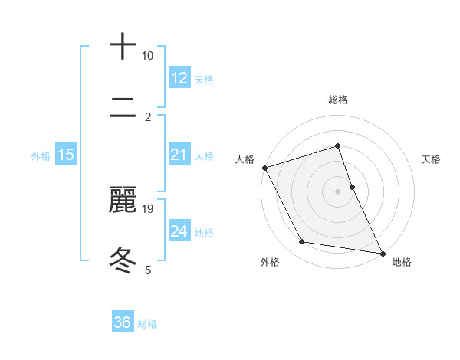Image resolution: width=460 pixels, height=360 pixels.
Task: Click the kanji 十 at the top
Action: (x=123, y=47)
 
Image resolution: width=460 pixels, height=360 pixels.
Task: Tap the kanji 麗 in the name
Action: (x=123, y=200)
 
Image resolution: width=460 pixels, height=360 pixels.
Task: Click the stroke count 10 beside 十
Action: (x=147, y=56)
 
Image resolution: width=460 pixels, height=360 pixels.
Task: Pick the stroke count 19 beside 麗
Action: (x=148, y=208)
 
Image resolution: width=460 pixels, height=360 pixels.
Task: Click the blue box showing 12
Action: (x=179, y=78)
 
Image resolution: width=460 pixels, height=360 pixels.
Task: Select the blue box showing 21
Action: (x=179, y=155)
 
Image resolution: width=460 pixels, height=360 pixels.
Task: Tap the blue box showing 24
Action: (x=179, y=231)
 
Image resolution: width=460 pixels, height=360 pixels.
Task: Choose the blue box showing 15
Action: (x=66, y=155)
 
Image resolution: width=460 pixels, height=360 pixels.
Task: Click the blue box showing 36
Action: (x=123, y=322)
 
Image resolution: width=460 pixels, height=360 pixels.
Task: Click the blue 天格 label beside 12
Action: (x=204, y=80)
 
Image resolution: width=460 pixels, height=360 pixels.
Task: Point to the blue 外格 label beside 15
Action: (x=41, y=156)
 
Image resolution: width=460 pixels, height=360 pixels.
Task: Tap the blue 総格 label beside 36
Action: (x=147, y=324)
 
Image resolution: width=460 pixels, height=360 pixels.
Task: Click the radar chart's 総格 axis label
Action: (x=338, y=100)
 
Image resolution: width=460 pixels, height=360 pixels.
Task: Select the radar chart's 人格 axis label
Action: (x=245, y=159)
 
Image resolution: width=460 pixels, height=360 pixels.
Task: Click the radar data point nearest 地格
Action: (x=382, y=253)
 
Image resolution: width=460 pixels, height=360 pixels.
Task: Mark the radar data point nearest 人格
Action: (x=264, y=168)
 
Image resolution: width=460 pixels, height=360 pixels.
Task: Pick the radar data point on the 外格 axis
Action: (x=302, y=242)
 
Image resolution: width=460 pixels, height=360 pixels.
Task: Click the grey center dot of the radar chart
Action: (x=338, y=191)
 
